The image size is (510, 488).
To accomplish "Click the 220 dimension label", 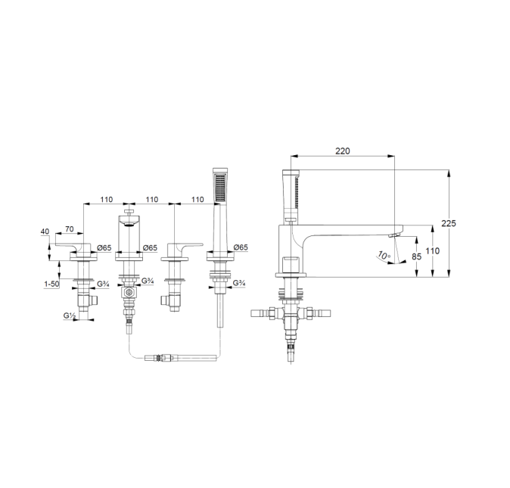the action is click(343, 151).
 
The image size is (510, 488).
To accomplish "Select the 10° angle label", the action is click(384, 257).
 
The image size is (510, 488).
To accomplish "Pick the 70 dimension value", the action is click(68, 228).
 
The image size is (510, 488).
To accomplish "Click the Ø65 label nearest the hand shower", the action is click(241, 247).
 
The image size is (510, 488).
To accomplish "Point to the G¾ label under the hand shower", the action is click(238, 284).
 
